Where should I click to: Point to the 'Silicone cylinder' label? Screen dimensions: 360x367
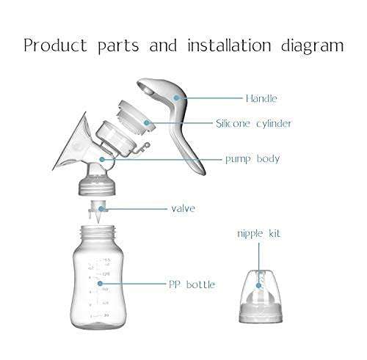tap(253, 124)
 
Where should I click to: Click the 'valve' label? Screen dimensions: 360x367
tap(183, 208)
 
